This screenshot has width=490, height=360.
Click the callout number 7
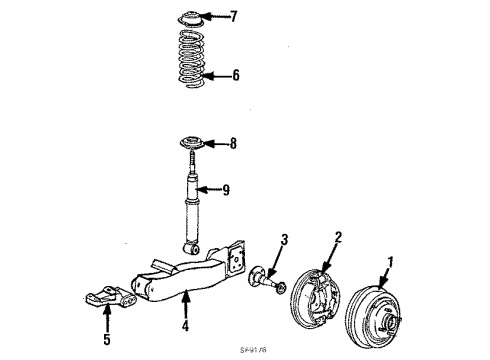click(x=234, y=17)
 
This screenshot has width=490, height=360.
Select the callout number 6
click(x=235, y=75)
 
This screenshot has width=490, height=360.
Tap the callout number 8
click(x=233, y=144)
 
